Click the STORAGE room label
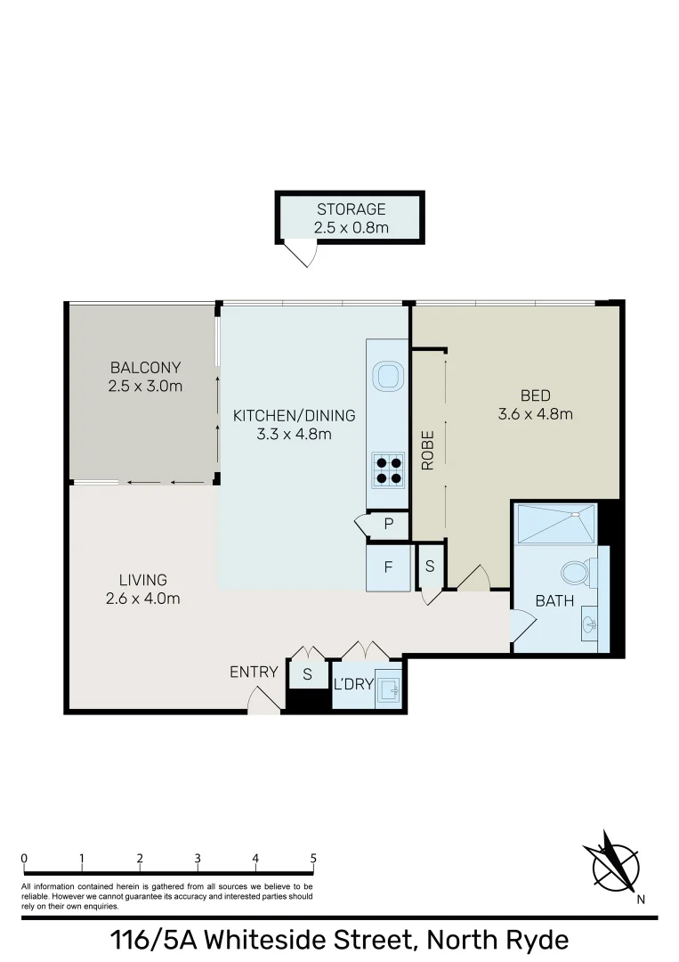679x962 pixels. pos(352,209)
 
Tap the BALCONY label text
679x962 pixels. pos(146,367)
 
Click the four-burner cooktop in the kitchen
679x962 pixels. pos(387,469)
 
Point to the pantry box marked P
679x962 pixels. pos(389,525)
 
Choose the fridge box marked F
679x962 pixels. pos(388,567)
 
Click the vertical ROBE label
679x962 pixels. pos(428,450)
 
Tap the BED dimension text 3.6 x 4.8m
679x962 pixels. pos(535,413)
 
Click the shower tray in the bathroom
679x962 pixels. pos(555,523)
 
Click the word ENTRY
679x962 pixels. pos(254,672)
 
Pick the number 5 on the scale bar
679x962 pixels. pos(313,859)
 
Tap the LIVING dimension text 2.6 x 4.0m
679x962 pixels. pos(142,599)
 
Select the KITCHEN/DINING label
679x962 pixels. pos(294,415)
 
